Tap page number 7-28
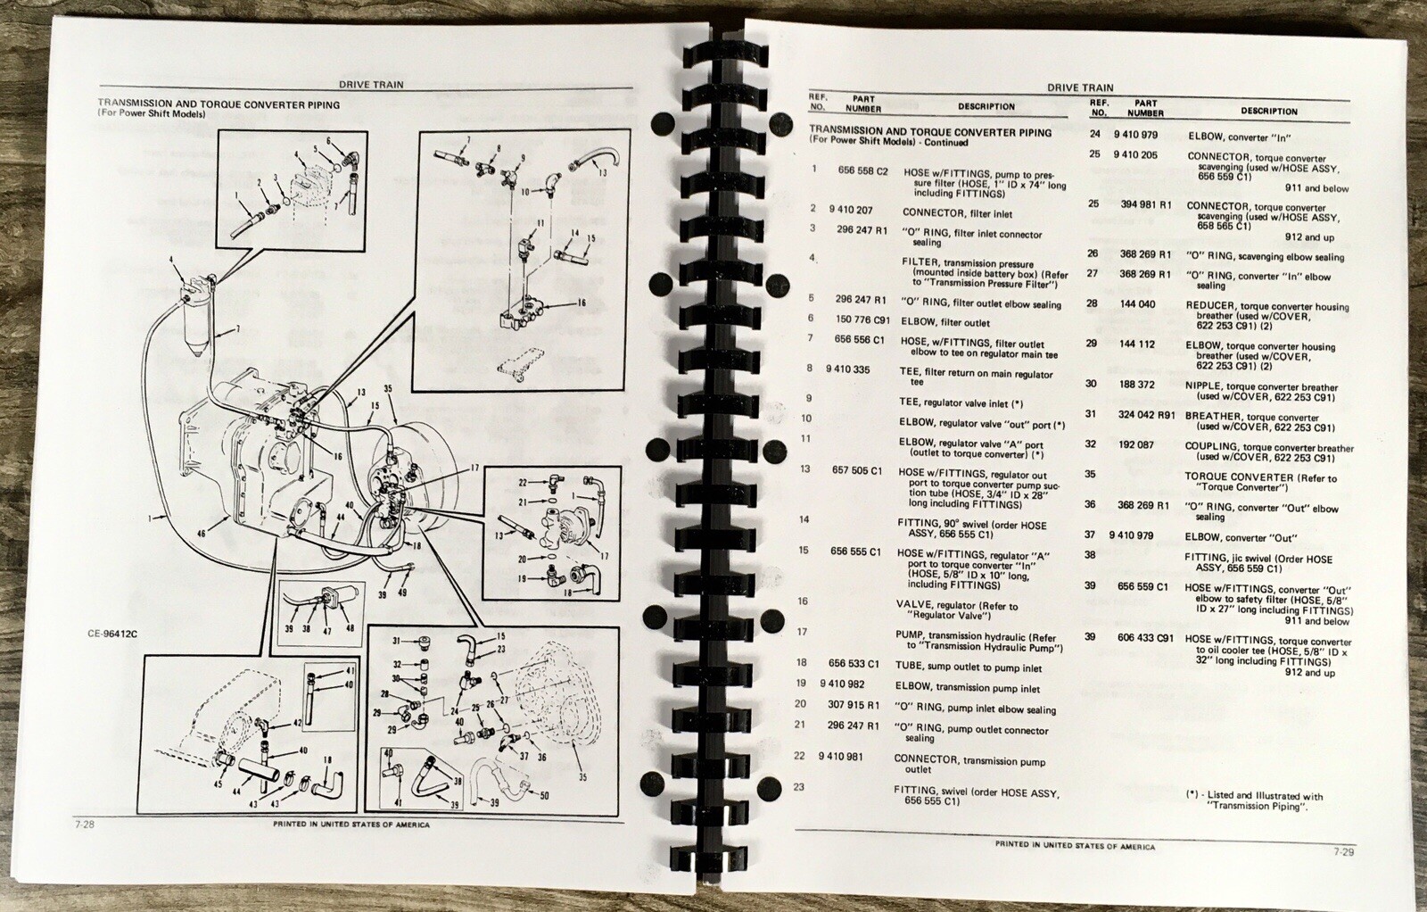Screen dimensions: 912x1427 86,825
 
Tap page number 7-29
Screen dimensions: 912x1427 1344,852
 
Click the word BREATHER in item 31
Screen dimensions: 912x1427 1213,417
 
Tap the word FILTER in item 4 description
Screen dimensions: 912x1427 919,263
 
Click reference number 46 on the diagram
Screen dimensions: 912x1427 201,534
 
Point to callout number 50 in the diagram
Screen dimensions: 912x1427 544,795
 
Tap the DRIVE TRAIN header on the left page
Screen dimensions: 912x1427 371,85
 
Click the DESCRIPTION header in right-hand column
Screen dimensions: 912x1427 1268,112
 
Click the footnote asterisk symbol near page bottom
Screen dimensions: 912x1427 1192,795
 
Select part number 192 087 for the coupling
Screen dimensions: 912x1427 1136,444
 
